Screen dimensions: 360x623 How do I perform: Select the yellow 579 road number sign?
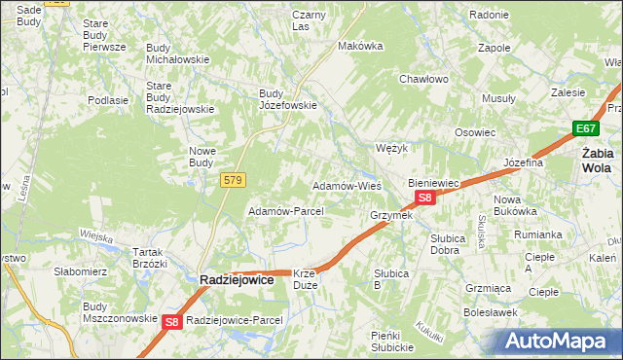233,181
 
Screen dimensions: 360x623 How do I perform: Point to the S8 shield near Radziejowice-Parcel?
171,321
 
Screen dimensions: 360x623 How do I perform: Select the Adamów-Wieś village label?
346,186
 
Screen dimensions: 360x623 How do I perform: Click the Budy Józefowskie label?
286,100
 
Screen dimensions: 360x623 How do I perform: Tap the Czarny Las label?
309,20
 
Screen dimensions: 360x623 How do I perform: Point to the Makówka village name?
358,46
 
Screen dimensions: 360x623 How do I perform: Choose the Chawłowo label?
422,80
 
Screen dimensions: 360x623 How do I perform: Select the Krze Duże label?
304,280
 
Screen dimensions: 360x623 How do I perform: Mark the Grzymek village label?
391,215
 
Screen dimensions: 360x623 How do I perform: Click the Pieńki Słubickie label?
393,342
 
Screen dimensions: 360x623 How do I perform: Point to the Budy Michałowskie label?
178,54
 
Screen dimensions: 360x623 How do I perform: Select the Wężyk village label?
390,149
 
